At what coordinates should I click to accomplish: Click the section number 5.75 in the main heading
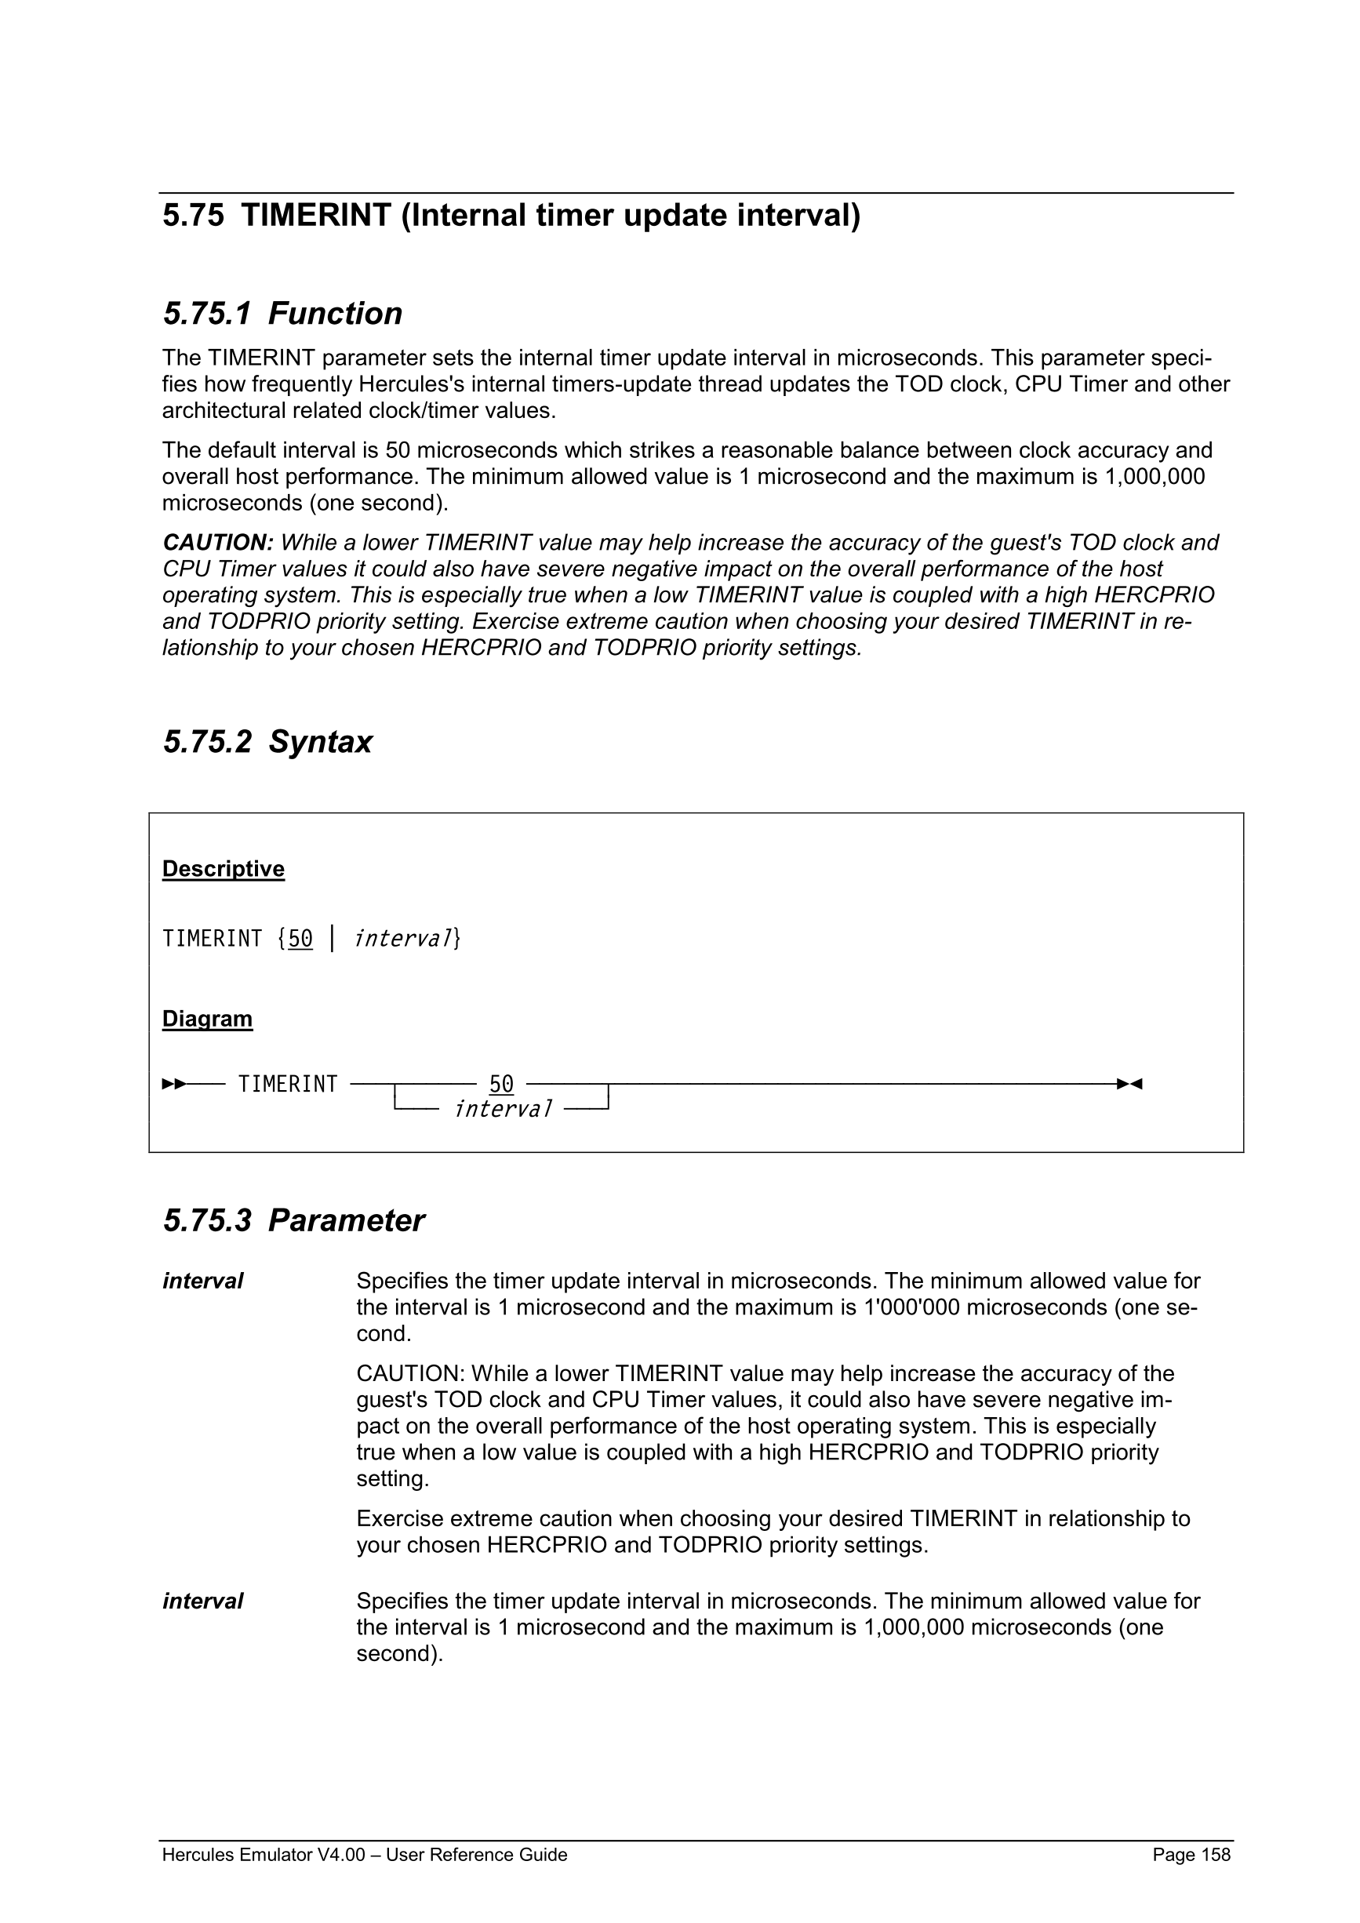coord(194,216)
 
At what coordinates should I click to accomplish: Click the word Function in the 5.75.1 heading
coord(335,314)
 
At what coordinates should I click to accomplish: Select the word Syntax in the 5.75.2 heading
coord(320,742)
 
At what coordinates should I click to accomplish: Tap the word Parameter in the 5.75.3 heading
coord(346,1221)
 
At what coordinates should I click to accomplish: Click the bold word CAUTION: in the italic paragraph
coord(218,543)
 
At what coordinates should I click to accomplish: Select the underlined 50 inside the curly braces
coord(300,939)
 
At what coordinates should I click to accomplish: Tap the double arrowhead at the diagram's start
coord(174,1084)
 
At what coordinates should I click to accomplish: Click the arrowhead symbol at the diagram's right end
coord(1129,1084)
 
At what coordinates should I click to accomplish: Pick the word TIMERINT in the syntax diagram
coord(287,1084)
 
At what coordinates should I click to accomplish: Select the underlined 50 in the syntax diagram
coord(501,1084)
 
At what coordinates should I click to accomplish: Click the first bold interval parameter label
coord(202,1281)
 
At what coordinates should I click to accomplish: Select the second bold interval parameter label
coord(202,1601)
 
